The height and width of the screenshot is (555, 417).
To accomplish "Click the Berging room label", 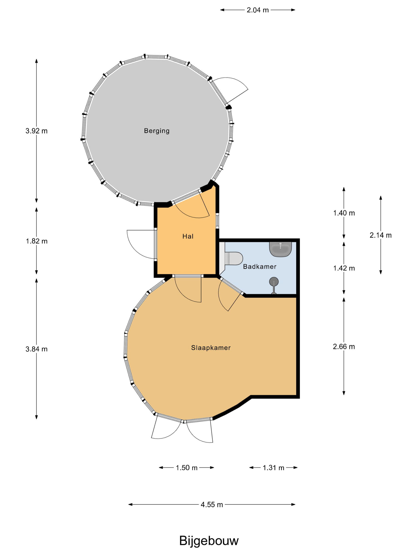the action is tap(157, 131).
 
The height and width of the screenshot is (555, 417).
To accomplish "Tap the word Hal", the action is tap(188, 236).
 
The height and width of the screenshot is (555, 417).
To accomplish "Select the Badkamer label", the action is tap(260, 266).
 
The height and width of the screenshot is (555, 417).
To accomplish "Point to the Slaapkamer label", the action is tap(211, 347).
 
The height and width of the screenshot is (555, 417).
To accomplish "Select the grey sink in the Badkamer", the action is tap(280, 249).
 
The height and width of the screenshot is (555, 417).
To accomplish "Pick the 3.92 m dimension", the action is tap(37, 131).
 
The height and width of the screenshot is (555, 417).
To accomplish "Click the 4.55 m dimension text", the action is tap(212, 504).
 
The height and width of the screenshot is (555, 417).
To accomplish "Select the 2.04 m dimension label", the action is tap(258, 10).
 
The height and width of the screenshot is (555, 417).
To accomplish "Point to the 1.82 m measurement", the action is tap(37, 241).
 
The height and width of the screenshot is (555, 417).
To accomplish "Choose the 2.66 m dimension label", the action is tap(344, 346).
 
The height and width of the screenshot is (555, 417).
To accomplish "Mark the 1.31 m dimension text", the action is tap(273, 468).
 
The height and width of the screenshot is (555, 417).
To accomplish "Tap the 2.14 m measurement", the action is tap(380, 235).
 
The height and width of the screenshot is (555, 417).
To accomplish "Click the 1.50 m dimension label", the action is tap(186, 468).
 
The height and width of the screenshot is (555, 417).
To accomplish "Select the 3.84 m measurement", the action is tap(37, 349).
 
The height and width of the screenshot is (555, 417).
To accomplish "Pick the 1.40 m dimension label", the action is tap(344, 213).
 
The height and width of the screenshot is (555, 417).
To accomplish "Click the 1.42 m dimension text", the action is tap(344, 268).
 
